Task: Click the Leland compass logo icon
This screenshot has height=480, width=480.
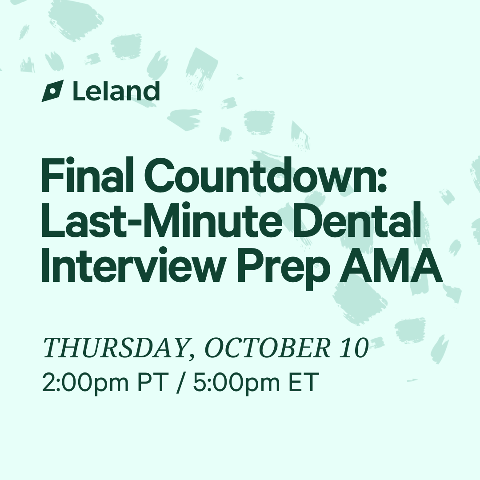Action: point(52,91)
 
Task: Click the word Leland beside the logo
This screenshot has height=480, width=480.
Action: point(116,91)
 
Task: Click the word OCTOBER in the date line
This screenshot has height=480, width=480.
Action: point(268,348)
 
